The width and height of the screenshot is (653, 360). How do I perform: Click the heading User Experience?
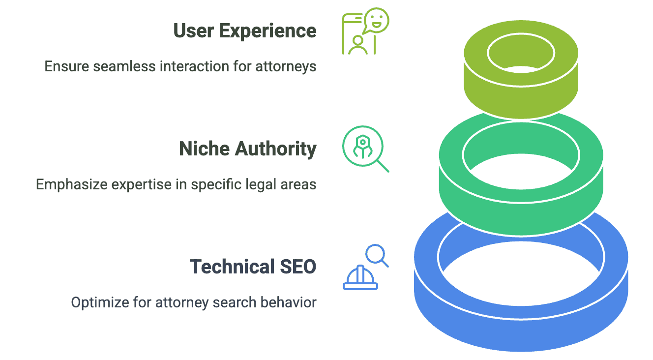pos(245,31)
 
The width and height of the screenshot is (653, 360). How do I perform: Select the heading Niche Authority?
pos(247,149)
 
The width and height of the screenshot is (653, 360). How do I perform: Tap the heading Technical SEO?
pos(253,267)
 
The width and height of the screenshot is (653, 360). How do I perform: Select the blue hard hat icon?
pos(360,278)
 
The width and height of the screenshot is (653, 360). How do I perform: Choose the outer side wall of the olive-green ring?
pos(521,101)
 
